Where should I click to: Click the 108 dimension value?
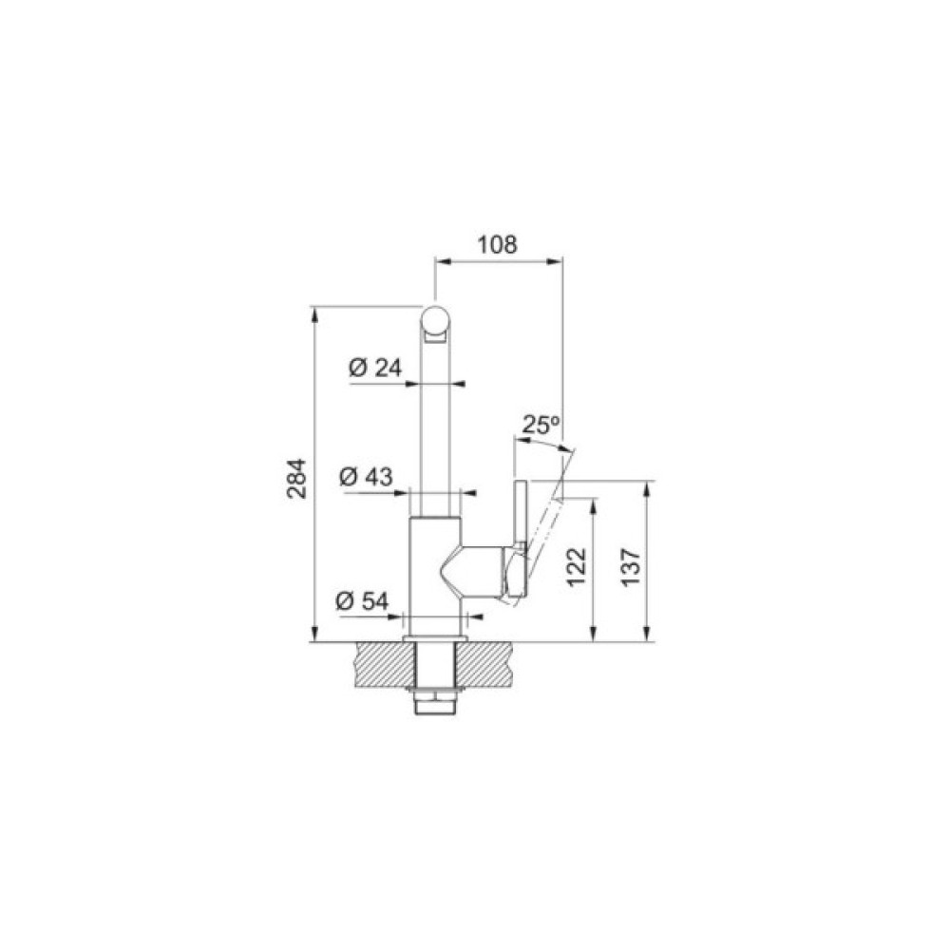pyautogui.click(x=498, y=244)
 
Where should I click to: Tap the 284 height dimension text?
pyautogui.click(x=296, y=479)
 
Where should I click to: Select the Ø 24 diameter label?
pyautogui.click(x=375, y=367)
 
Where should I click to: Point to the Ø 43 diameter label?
pyautogui.click(x=366, y=476)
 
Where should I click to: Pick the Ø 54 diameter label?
pyautogui.click(x=362, y=600)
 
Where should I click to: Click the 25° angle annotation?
pyautogui.click(x=540, y=425)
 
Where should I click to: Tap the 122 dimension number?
pyautogui.click(x=577, y=567)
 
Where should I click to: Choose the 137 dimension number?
pyautogui.click(x=631, y=567)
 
